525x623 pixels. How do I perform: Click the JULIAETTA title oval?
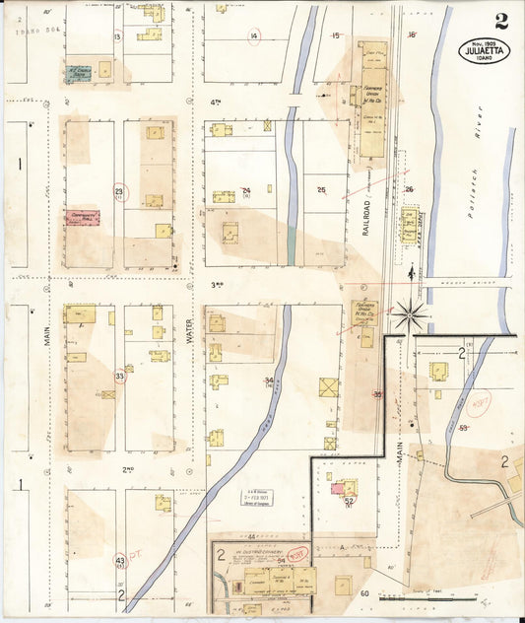[x=485, y=50]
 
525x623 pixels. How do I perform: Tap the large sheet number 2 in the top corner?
[x=501, y=21]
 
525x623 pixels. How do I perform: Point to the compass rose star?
[x=411, y=314]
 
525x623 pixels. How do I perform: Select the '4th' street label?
[x=214, y=101]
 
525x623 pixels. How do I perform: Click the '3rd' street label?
[x=218, y=285]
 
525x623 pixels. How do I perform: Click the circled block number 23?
[x=119, y=191]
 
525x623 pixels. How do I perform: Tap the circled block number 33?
[x=119, y=376]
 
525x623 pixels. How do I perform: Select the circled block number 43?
[x=119, y=561]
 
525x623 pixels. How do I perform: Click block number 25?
[x=321, y=189]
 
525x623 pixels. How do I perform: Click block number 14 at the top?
[x=254, y=36]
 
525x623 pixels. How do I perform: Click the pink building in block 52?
[x=339, y=487]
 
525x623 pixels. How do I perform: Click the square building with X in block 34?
[x=329, y=386]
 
